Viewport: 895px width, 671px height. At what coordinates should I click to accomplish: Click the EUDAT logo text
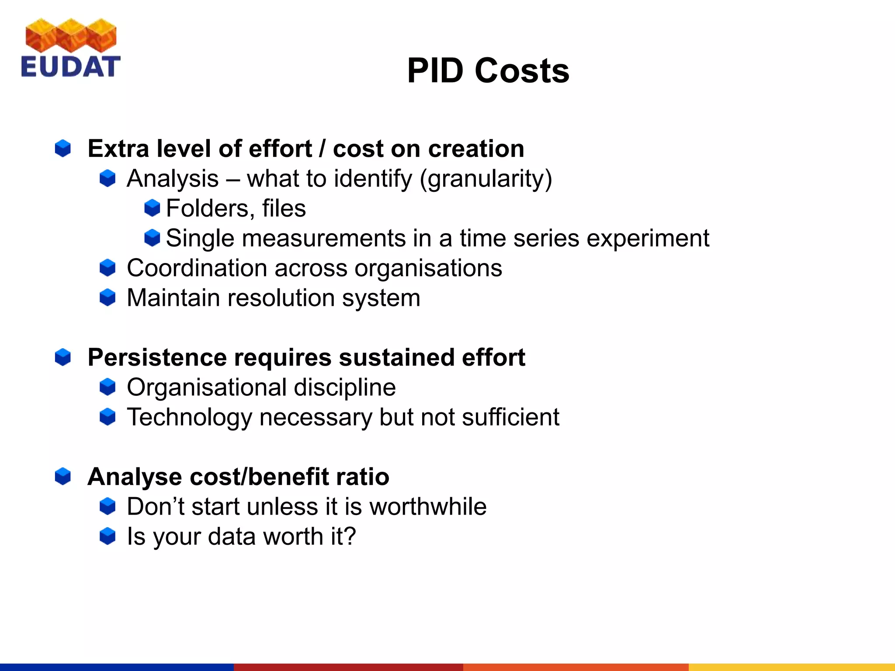70,66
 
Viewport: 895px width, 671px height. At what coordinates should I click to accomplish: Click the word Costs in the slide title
522,71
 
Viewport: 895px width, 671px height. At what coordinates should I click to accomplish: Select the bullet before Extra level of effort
63,149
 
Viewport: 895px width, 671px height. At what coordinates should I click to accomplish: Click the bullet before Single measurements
152,238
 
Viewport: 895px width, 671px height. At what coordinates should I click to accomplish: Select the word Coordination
197,268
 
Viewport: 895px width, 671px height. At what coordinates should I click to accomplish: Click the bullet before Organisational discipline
108,387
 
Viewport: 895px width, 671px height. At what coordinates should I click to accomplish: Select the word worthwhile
428,507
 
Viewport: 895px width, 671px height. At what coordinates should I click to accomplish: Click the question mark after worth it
350,536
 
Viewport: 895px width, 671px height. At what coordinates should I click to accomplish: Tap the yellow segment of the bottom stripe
791,667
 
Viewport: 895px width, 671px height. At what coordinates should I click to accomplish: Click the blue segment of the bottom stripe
117,667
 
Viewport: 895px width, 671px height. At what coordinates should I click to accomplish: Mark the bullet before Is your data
108,536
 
